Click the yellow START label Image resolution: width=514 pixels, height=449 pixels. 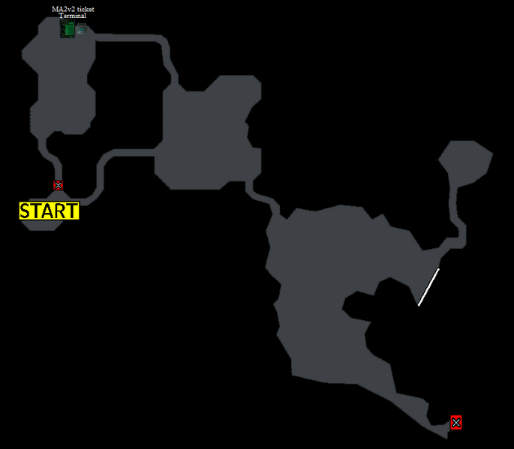tap(50, 211)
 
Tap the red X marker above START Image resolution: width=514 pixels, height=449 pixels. tap(58, 185)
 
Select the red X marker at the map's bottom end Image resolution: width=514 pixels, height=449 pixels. tap(456, 423)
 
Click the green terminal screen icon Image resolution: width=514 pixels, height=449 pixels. tap(68, 28)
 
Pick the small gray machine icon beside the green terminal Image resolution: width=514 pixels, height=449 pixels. tap(81, 30)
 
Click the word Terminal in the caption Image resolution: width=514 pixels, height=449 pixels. tap(73, 16)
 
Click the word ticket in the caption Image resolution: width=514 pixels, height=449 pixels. tap(86, 9)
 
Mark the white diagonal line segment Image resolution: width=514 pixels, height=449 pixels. tap(428, 287)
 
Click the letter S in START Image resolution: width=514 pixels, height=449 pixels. tap(25, 211)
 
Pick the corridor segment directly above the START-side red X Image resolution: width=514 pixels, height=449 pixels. tap(53, 157)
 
